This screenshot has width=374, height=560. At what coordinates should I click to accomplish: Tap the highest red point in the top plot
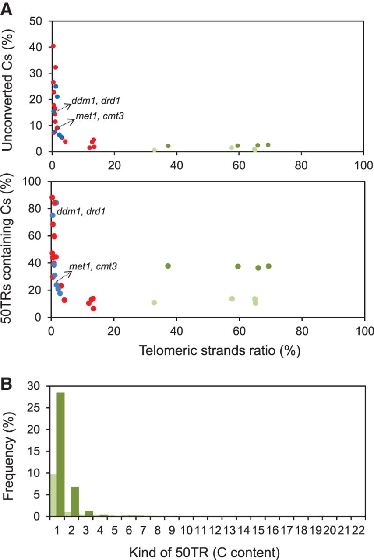(53, 46)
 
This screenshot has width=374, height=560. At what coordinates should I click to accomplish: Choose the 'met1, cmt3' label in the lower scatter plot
(92, 266)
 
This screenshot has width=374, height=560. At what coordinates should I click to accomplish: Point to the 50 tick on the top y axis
(36, 21)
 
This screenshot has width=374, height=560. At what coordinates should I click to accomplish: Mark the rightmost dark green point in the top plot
(268, 145)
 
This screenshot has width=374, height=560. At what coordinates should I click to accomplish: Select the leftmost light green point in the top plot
(155, 150)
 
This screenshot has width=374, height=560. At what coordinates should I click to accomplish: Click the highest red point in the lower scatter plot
(52, 197)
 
